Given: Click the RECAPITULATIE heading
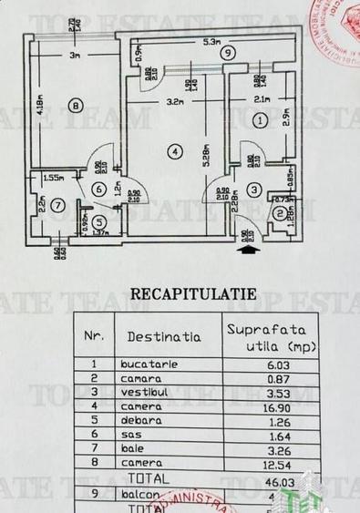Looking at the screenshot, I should click(x=193, y=293).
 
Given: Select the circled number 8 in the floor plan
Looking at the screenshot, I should click(x=75, y=107).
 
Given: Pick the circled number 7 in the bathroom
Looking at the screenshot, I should click(x=58, y=205).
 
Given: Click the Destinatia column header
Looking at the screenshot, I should click(x=164, y=336).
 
